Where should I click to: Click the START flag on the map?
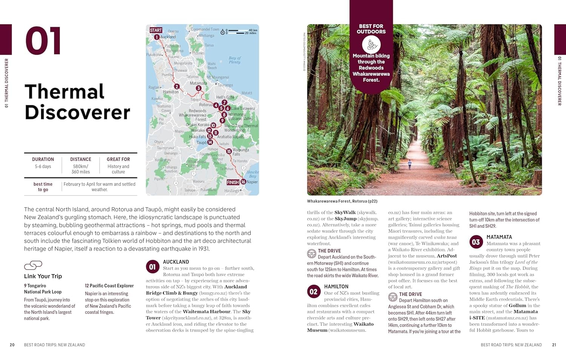click(156, 30)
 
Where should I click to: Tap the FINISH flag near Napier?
click(233, 182)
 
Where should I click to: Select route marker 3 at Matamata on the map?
click(198, 88)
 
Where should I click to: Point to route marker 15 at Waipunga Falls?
click(229, 151)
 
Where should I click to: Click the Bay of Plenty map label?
click(234, 60)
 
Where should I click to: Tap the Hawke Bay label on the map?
click(252, 174)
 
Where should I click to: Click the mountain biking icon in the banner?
click(371, 45)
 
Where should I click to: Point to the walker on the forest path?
click(410, 165)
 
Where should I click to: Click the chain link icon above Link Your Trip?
click(33, 265)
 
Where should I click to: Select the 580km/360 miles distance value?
click(81, 169)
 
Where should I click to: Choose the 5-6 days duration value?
click(43, 166)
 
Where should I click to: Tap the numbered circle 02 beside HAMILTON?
click(314, 292)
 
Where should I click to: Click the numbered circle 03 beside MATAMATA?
click(476, 242)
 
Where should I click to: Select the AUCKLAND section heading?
click(176, 262)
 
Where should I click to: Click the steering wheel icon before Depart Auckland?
click(312, 254)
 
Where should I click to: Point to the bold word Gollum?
click(517, 305)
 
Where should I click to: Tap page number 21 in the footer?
click(554, 345)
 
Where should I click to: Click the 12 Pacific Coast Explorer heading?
click(109, 286)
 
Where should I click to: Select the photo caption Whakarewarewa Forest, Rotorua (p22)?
click(342, 201)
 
